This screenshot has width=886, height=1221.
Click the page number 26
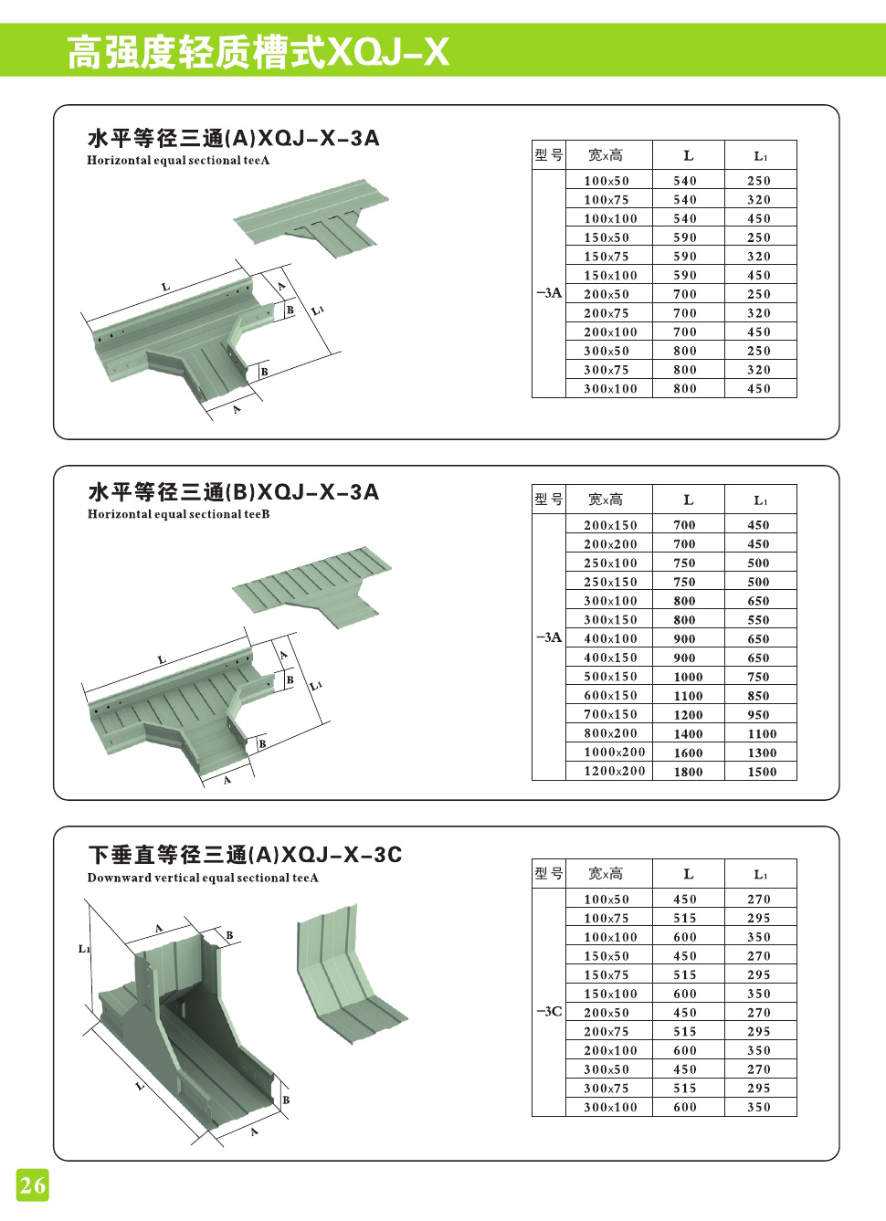(32, 1185)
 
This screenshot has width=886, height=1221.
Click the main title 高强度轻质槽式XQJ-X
(258, 52)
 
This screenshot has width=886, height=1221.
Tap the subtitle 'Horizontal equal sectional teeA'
(178, 161)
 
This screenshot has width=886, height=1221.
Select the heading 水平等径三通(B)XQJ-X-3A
(233, 492)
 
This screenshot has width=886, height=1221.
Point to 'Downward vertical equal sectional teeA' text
(203, 878)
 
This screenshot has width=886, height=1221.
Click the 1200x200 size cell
(614, 771)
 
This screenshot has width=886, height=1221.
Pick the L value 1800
(688, 772)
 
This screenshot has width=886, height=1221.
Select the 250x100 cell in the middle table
(610, 563)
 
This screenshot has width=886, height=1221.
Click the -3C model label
(548, 1011)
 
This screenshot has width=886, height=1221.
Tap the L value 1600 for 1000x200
(688, 753)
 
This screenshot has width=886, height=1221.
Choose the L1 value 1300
(761, 753)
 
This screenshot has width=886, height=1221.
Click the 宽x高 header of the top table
(606, 155)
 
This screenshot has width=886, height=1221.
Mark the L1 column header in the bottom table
(760, 874)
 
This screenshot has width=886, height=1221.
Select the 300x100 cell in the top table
(610, 389)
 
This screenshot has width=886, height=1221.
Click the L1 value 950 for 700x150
(758, 715)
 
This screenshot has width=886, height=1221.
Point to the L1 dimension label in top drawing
(317, 311)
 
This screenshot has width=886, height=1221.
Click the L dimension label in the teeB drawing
(162, 659)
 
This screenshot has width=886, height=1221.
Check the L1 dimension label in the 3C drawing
(84, 949)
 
